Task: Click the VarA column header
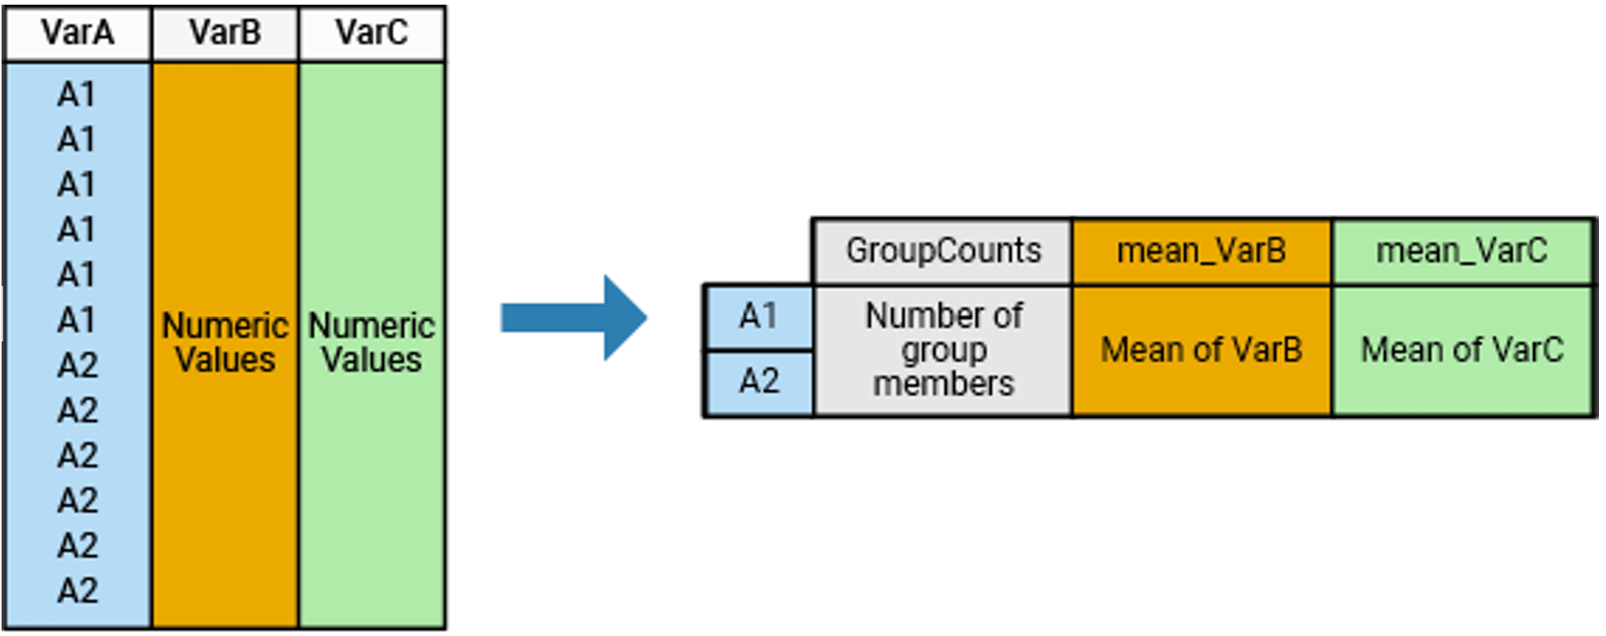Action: pyautogui.click(x=77, y=33)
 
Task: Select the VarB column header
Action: pyautogui.click(x=225, y=33)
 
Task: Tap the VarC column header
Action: pyautogui.click(x=372, y=33)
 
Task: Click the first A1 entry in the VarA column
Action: pyautogui.click(x=77, y=95)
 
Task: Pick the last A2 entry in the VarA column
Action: pyautogui.click(x=77, y=591)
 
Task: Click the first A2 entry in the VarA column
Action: pyautogui.click(x=77, y=366)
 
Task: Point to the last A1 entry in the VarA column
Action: pyautogui.click(x=77, y=320)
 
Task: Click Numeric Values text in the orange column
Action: pyautogui.click(x=225, y=343)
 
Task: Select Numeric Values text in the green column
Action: pyautogui.click(x=372, y=343)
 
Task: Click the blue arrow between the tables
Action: pyautogui.click(x=574, y=318)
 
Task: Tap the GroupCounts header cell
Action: pyautogui.click(x=943, y=252)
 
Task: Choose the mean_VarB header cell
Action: pyautogui.click(x=1201, y=252)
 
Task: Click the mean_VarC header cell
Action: pyautogui.click(x=1461, y=252)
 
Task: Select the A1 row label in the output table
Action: pyautogui.click(x=758, y=316)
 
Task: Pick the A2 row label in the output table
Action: pyautogui.click(x=758, y=382)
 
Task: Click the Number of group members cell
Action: pyautogui.click(x=943, y=349)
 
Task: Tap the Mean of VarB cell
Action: pyautogui.click(x=1201, y=349)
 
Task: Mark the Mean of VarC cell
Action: pyautogui.click(x=1461, y=349)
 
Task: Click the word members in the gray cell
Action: pyautogui.click(x=943, y=384)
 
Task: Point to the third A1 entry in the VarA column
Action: pyautogui.click(x=77, y=185)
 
